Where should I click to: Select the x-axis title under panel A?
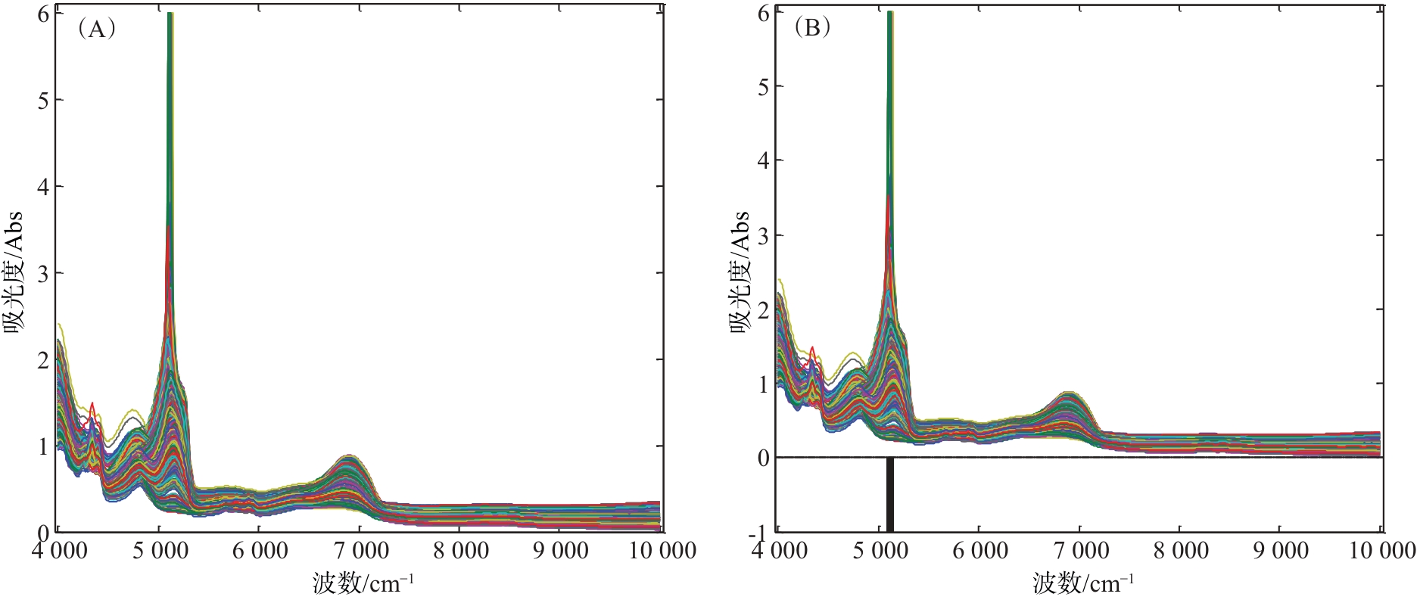[363, 583]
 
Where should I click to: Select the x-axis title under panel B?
[1083, 583]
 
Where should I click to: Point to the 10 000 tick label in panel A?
[662, 551]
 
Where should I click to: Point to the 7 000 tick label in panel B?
[1081, 551]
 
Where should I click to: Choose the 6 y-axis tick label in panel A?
[43, 14]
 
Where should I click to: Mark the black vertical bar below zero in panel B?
[890, 495]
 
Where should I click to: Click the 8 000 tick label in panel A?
[461, 551]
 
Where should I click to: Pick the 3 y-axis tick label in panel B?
[763, 235]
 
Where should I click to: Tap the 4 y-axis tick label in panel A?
[43, 186]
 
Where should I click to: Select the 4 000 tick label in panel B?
[779, 551]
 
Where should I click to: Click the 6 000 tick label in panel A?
[260, 551]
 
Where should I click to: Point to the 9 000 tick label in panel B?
[1281, 551]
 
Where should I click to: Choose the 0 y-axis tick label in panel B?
[763, 458]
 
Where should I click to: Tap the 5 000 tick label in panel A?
[160, 551]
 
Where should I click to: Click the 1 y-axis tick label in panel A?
[43, 446]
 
